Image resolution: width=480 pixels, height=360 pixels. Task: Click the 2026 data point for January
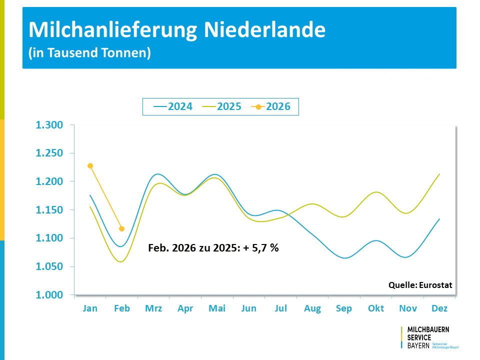(x=90, y=165)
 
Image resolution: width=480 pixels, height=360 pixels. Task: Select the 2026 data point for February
(x=122, y=228)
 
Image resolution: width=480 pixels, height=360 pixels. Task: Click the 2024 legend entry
(x=173, y=106)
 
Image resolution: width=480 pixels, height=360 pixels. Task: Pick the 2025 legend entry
(x=222, y=106)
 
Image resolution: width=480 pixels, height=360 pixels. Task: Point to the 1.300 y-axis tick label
(x=49, y=125)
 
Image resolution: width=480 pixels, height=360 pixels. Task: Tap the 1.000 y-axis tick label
(x=49, y=295)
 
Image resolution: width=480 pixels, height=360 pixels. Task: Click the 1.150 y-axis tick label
(x=49, y=210)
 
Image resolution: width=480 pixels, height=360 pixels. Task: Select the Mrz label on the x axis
(x=153, y=308)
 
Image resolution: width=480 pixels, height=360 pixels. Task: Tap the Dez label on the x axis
(x=439, y=308)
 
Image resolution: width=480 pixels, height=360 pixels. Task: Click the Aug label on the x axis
(x=312, y=308)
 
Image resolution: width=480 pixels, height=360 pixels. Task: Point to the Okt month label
(x=376, y=308)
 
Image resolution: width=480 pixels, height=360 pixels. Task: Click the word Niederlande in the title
(x=264, y=30)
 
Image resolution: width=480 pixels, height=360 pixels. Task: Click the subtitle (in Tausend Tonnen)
(x=89, y=52)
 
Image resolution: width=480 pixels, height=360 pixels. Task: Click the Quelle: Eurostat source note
(x=420, y=285)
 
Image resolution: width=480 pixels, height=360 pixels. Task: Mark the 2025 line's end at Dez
(x=439, y=174)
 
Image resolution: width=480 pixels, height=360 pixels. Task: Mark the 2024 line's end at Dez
(x=439, y=218)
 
